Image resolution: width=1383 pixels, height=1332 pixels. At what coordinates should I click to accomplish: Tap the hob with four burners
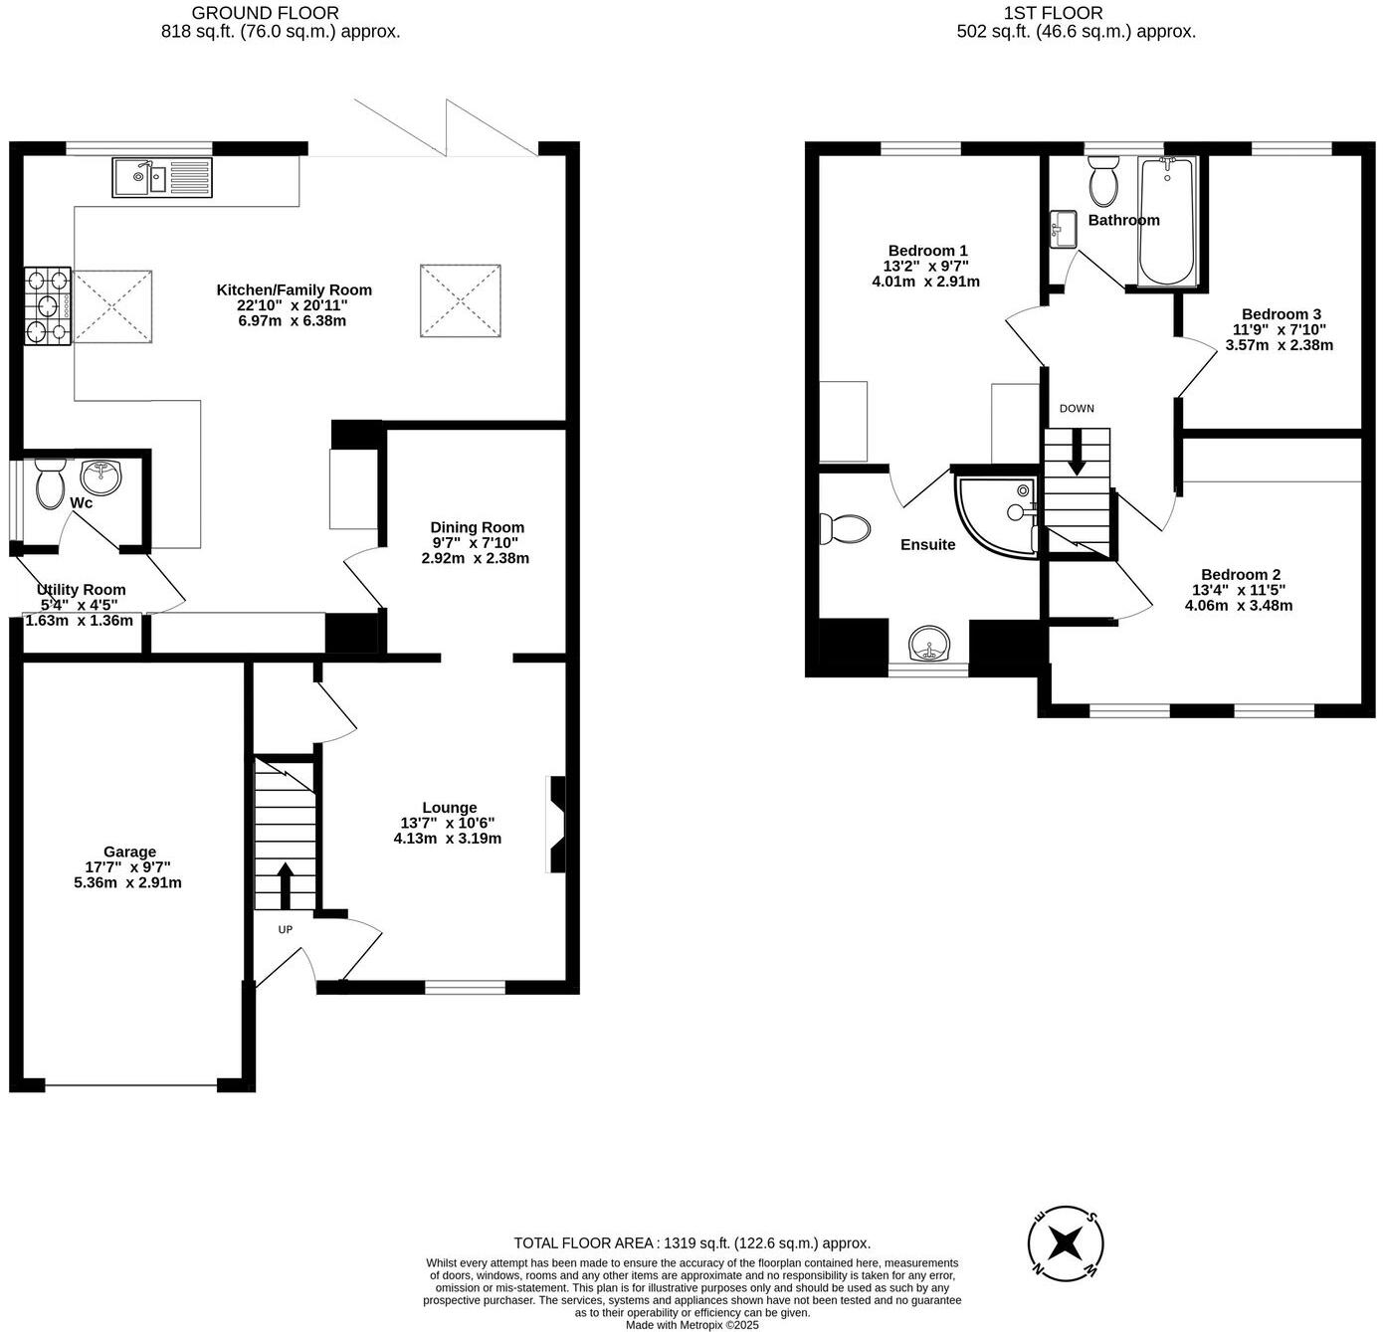(x=48, y=305)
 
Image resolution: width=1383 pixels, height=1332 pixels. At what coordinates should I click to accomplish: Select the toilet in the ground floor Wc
(x=49, y=482)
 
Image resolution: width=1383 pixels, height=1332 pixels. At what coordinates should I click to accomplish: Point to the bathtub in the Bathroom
(x=1168, y=221)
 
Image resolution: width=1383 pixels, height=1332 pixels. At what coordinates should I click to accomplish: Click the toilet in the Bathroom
(x=1102, y=181)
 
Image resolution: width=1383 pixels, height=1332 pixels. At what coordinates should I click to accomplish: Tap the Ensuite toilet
(x=842, y=528)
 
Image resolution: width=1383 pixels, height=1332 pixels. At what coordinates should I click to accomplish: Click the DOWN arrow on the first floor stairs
(x=1077, y=456)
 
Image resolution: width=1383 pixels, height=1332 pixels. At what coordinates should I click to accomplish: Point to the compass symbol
(x=1066, y=1242)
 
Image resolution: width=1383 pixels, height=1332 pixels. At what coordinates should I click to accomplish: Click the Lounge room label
(x=449, y=808)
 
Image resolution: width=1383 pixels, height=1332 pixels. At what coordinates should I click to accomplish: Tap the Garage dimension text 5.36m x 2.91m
(x=127, y=882)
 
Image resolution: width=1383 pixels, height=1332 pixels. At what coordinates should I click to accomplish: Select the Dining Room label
(x=477, y=527)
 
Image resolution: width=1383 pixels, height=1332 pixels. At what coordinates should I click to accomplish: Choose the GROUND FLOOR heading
(x=265, y=13)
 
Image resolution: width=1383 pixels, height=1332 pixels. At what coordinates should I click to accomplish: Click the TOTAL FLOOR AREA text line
(x=691, y=1242)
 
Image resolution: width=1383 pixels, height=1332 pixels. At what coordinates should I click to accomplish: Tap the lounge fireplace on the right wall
(x=557, y=824)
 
